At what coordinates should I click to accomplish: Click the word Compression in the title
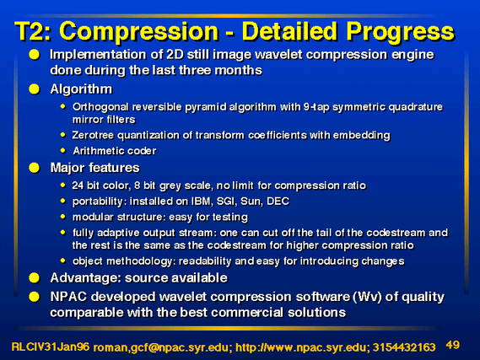pos(138,31)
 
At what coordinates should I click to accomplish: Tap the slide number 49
pos(453,345)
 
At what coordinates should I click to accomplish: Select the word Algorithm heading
pos(81,89)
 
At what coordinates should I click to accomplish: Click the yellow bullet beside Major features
pos(35,168)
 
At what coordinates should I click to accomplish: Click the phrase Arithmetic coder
pos(115,151)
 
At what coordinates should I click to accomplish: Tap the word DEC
pos(278,201)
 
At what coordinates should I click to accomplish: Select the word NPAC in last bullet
pos(68,297)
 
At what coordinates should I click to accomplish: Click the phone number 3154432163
pos(404,347)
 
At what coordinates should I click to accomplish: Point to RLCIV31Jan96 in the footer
pos(51,347)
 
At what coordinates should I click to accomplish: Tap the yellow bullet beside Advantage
pos(35,278)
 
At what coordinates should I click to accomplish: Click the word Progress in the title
pos(401,32)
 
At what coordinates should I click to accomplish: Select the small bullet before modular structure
pos(63,217)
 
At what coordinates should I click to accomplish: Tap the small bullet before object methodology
pos(63,261)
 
